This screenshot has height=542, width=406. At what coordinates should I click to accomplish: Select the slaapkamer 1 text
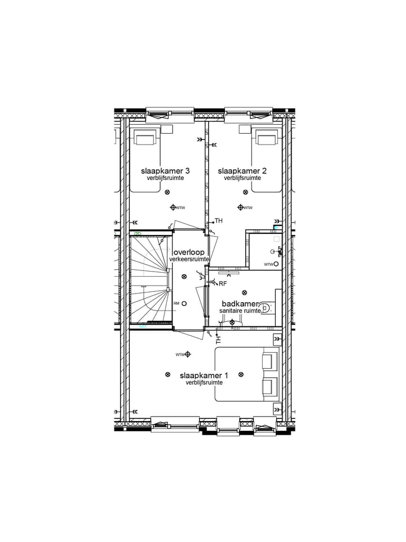[x=204, y=375]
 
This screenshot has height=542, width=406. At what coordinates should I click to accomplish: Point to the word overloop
[x=189, y=252]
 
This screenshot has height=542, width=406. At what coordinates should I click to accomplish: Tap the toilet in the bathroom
[x=267, y=308]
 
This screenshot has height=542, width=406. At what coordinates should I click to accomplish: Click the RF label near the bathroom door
[x=223, y=283]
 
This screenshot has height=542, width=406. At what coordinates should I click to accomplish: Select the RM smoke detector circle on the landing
[x=184, y=304]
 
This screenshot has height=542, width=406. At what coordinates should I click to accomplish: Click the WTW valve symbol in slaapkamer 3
[x=173, y=207]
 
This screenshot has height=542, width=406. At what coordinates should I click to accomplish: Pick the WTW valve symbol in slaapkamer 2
[x=241, y=207]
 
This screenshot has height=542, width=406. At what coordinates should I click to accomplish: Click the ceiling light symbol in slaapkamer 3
[x=167, y=192]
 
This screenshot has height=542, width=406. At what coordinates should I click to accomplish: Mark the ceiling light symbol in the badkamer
[x=244, y=292]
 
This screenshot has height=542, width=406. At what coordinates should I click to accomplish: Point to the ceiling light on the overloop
[x=184, y=276]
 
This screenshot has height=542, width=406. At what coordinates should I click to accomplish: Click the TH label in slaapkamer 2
[x=219, y=220]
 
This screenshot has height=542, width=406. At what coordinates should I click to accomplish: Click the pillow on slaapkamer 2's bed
[x=267, y=137]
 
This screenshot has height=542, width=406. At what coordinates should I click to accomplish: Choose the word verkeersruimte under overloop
[x=189, y=259]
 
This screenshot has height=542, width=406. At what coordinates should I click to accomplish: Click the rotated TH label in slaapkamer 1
[x=218, y=339]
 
